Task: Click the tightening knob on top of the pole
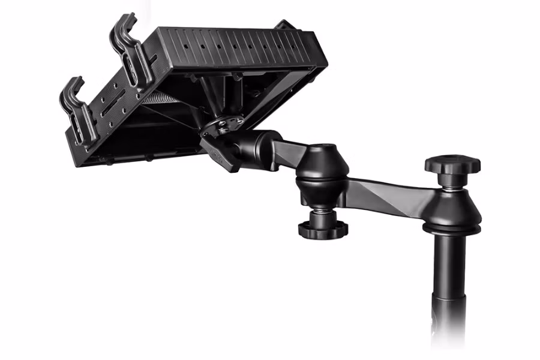click(x=452, y=164)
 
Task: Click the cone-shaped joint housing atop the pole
click(x=451, y=207)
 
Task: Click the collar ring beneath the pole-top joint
click(x=451, y=229)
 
